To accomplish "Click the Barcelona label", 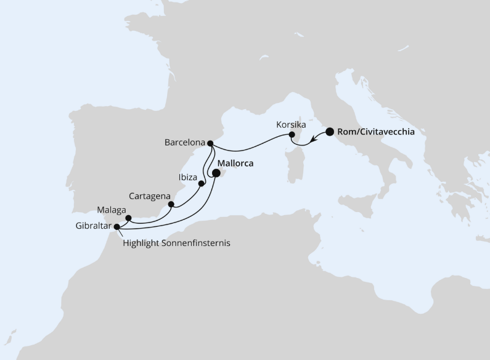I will click(x=184, y=142).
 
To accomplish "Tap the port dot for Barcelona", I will click(x=211, y=144).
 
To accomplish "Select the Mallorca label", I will click(x=237, y=165).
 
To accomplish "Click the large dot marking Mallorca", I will click(x=216, y=173).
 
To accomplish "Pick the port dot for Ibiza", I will click(x=201, y=183).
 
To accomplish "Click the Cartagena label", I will click(x=149, y=195).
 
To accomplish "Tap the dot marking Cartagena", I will click(x=171, y=204).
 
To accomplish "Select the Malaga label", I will click(x=110, y=210).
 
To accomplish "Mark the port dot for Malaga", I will click(x=128, y=218).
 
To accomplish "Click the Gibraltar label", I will click(x=90, y=226).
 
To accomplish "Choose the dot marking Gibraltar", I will click(x=116, y=226).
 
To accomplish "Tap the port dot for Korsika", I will click(x=293, y=135).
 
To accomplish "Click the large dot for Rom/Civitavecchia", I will click(x=330, y=131).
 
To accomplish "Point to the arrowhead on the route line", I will click(x=314, y=139).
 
